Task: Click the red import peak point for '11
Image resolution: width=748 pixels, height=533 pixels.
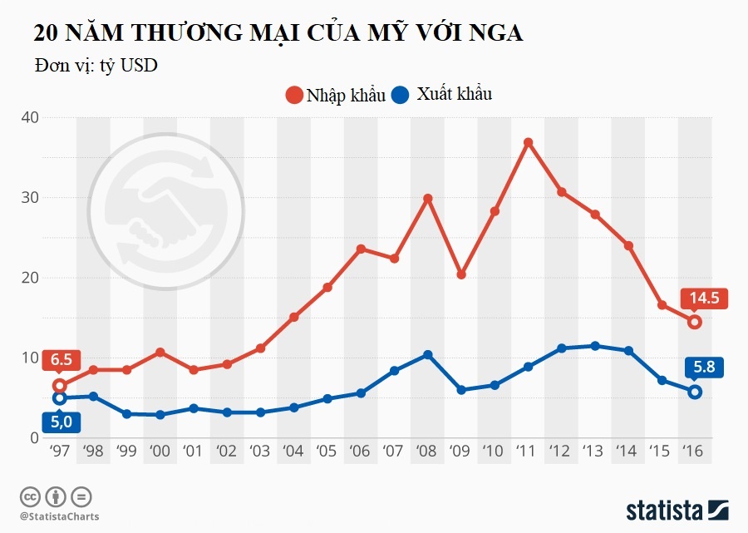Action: click(x=528, y=143)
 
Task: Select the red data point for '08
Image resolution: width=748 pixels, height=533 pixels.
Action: click(x=428, y=199)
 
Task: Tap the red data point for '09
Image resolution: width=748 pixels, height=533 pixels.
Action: click(x=461, y=274)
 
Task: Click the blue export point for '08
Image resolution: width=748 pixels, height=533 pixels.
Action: click(x=428, y=355)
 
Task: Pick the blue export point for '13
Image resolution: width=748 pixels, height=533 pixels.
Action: click(x=595, y=346)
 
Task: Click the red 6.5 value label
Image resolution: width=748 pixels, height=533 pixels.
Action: click(x=60, y=360)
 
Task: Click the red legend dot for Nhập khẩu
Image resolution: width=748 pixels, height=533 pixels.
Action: click(x=293, y=95)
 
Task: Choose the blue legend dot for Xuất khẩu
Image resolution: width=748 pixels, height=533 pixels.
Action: click(x=401, y=95)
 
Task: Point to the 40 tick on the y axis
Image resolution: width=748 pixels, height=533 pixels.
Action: click(x=29, y=117)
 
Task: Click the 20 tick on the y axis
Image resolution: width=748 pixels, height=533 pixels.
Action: click(x=29, y=278)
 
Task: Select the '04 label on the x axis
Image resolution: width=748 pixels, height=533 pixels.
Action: click(x=293, y=452)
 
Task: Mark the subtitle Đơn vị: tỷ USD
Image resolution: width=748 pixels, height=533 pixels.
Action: click(x=96, y=66)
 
